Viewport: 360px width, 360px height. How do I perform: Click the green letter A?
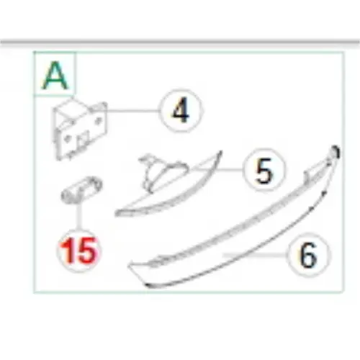pos(55,75)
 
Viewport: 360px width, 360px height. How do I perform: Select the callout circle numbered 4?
pos(181,111)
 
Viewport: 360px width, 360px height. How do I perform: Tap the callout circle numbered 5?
pos(264,170)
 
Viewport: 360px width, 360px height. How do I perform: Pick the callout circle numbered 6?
pos(309,255)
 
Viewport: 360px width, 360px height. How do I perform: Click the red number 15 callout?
pos(79,251)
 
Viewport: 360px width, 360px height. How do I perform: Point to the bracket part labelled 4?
pos(79,129)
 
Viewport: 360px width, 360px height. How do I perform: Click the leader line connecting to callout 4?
pos(132,111)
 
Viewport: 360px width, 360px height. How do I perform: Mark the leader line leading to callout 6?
pos(255,254)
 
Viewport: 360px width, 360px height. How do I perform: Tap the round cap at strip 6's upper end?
pos(335,152)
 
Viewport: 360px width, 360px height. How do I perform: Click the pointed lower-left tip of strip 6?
pos(130,266)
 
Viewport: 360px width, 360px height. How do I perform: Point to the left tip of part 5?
pos(117,213)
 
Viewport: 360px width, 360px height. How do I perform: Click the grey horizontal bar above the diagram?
pos(180,42)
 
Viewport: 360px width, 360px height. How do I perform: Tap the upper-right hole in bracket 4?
pos(98,120)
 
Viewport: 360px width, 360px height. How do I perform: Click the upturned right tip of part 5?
pos(220,153)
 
